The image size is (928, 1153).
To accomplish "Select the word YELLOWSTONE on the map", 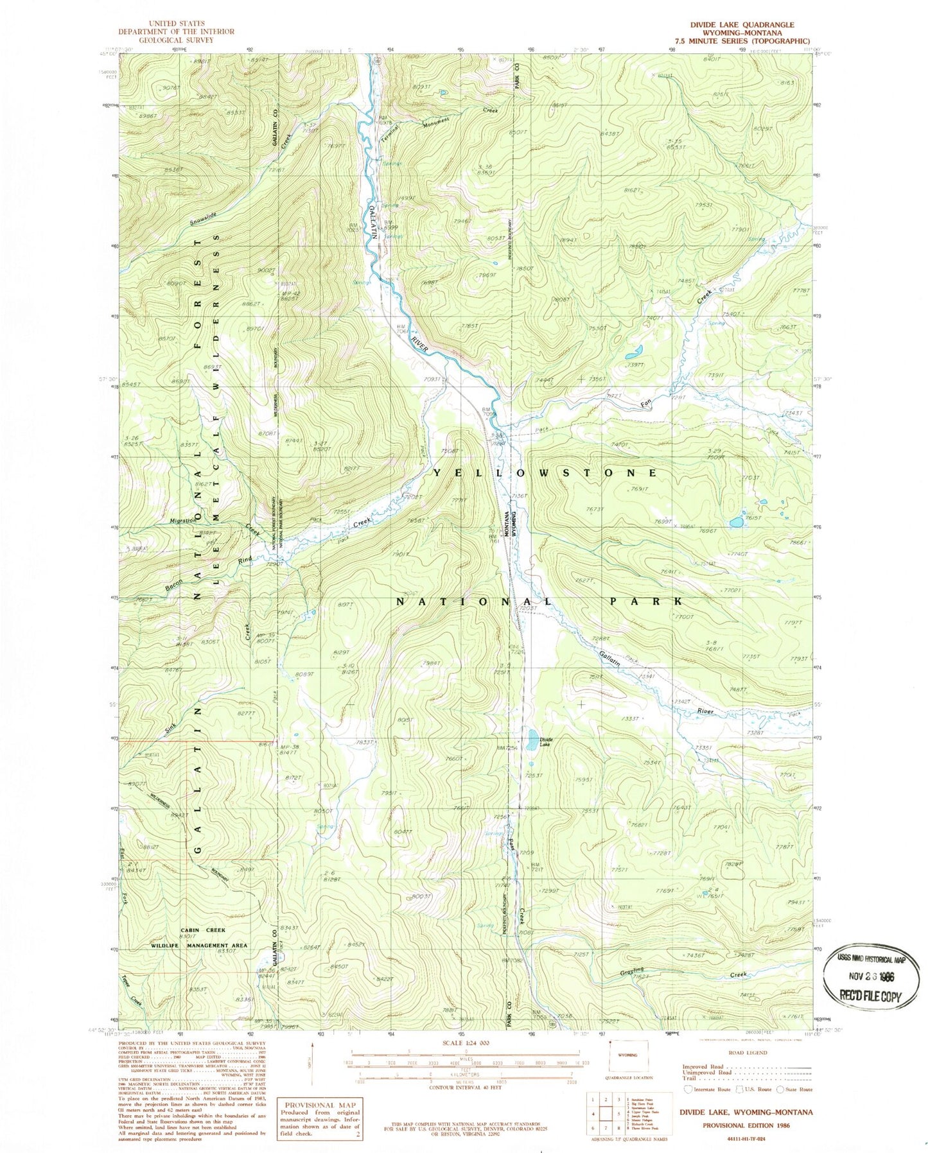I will tap(545, 472).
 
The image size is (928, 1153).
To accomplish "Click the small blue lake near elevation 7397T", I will tap(633, 352).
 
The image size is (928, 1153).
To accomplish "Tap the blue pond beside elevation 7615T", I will tap(736, 523).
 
